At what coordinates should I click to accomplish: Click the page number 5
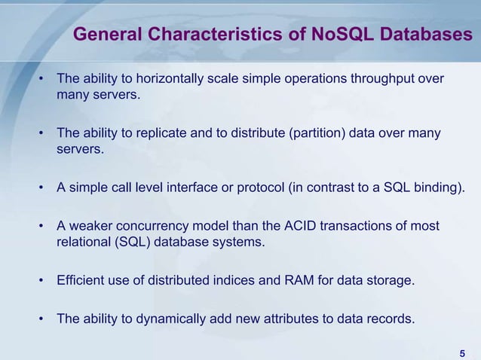461,354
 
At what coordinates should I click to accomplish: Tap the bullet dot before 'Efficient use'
43,282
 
